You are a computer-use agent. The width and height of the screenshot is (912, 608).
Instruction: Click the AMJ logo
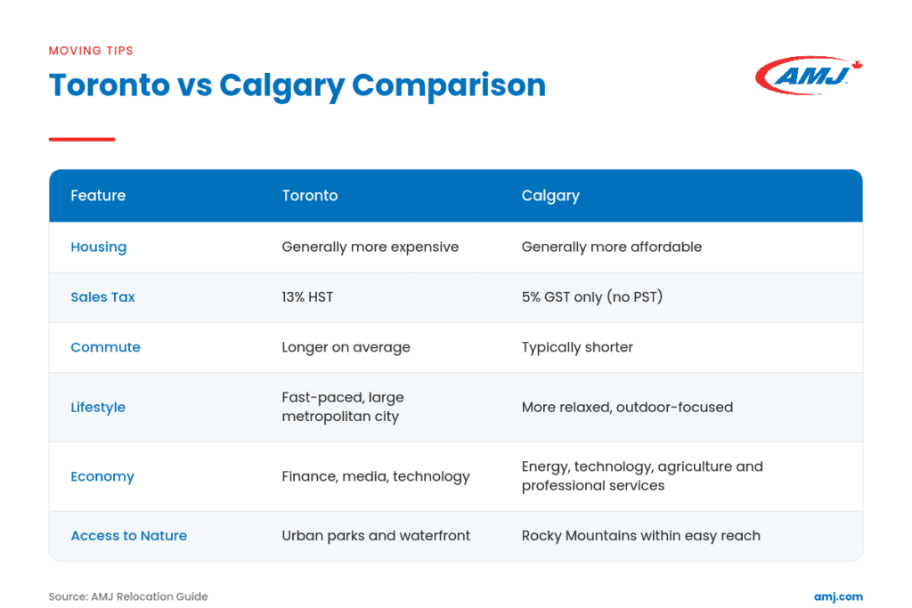pos(809,75)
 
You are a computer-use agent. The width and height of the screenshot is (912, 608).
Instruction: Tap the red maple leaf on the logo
pos(857,65)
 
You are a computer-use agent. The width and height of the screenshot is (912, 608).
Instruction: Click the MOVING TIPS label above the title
pos(91,51)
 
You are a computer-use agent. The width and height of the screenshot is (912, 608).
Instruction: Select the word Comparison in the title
pos(449,85)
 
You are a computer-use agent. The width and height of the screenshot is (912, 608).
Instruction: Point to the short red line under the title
pos(82,140)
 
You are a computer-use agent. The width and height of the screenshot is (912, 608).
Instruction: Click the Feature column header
pos(98,195)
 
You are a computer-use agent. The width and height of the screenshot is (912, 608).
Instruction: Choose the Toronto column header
pos(309,195)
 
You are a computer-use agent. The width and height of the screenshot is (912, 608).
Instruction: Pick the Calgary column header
pos(550,196)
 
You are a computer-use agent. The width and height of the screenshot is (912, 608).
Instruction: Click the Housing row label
pos(98,247)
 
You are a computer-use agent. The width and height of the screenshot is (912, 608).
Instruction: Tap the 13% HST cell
pos(307,297)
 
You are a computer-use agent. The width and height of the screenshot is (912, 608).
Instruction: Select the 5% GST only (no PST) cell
pos(592,297)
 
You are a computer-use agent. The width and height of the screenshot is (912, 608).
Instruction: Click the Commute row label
pos(105,347)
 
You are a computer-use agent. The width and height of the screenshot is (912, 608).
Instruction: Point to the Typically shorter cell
pos(577,347)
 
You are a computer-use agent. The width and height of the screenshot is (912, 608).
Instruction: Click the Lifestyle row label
pos(98,407)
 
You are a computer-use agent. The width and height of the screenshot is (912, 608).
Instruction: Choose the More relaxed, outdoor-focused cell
pos(627,407)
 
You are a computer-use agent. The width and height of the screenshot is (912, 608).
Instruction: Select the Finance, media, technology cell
pos(376,476)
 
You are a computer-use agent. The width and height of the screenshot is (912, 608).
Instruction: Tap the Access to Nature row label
pos(128,535)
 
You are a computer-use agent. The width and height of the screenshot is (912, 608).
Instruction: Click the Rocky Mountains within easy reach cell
pos(641,535)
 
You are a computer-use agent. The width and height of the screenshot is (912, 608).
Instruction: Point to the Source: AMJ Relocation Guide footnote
pos(128,596)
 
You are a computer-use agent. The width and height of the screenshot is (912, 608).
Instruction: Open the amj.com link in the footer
pos(838,597)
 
